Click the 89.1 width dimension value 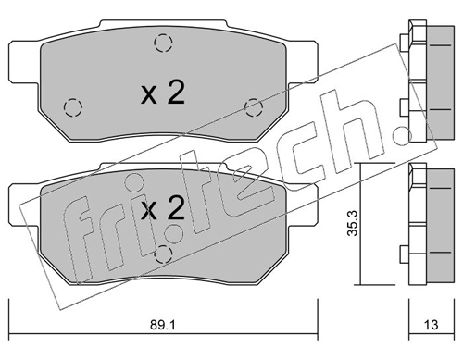(163, 325)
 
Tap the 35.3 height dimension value (352, 223)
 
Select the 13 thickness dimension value (431, 325)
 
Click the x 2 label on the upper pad (163, 93)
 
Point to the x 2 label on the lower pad (163, 208)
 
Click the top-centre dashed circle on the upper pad (163, 43)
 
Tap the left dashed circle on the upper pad (73, 107)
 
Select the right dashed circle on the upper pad (254, 107)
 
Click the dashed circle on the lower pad (163, 254)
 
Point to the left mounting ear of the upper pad (25, 62)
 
